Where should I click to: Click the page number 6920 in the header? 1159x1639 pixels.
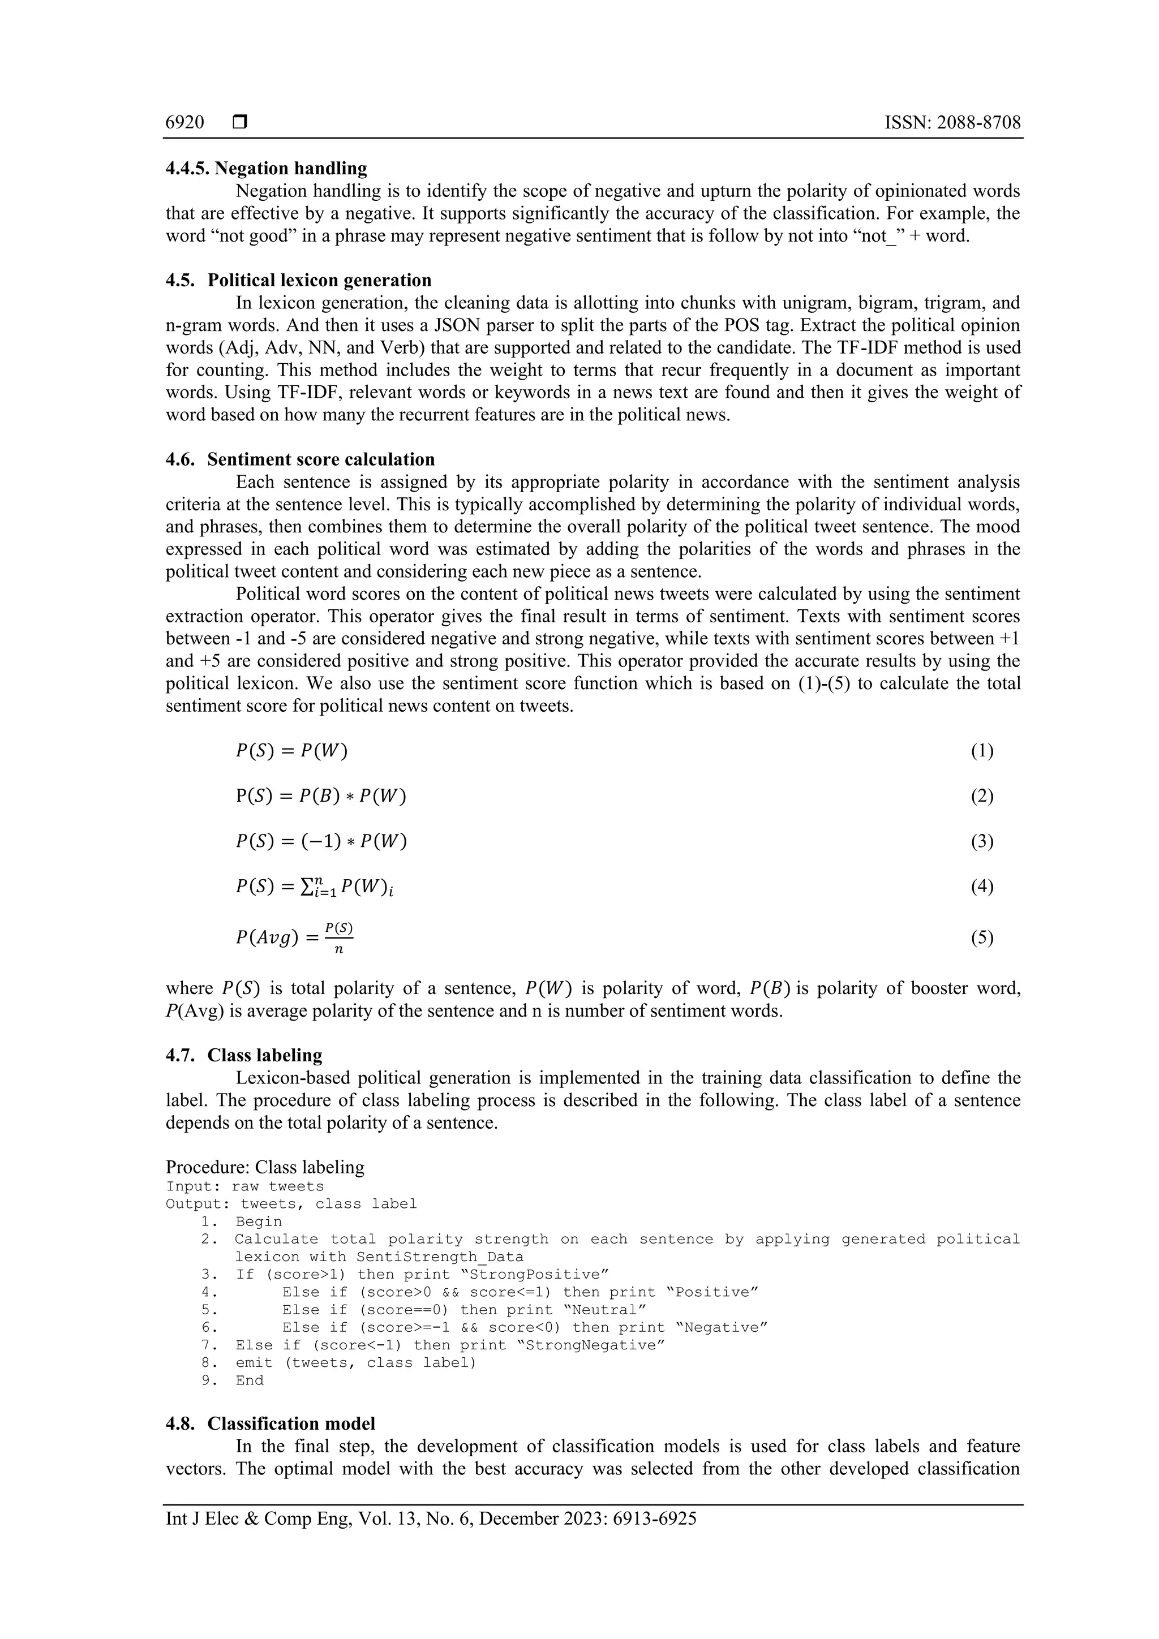coord(184,123)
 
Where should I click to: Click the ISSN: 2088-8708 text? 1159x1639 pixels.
coord(952,123)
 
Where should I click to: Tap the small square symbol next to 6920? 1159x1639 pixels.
coord(240,123)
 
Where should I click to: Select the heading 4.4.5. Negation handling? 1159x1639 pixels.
coord(267,169)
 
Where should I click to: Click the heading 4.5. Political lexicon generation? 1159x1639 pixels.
coord(298,280)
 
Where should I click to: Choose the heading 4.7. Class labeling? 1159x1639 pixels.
coord(243,1055)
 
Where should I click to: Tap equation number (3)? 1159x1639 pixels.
coord(981,842)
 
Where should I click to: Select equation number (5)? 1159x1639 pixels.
coord(981,937)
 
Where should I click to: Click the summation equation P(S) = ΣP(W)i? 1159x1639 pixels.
coord(314,887)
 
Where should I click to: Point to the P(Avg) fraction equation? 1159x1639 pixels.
coord(295,937)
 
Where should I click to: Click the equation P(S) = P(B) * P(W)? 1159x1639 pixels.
coord(321,797)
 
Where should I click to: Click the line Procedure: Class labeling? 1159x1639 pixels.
coord(265,1167)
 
